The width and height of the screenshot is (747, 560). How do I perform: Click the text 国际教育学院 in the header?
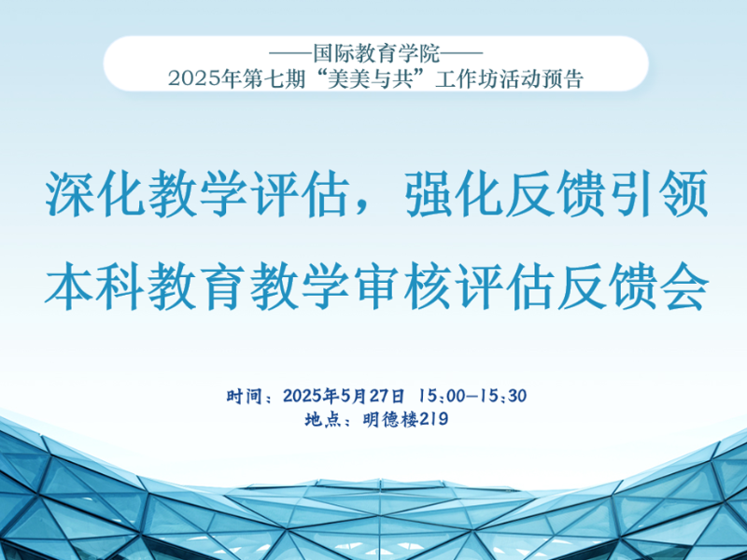tap(376, 54)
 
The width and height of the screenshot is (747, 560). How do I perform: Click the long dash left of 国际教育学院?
tap(290, 54)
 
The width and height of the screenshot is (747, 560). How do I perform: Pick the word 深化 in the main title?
tap(95, 194)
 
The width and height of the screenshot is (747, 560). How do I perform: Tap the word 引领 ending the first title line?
tap(658, 194)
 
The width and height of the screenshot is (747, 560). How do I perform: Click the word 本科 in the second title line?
tap(95, 287)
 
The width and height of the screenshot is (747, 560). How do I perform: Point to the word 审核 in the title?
tap(402, 287)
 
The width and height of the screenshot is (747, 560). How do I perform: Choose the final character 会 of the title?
tap(684, 287)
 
